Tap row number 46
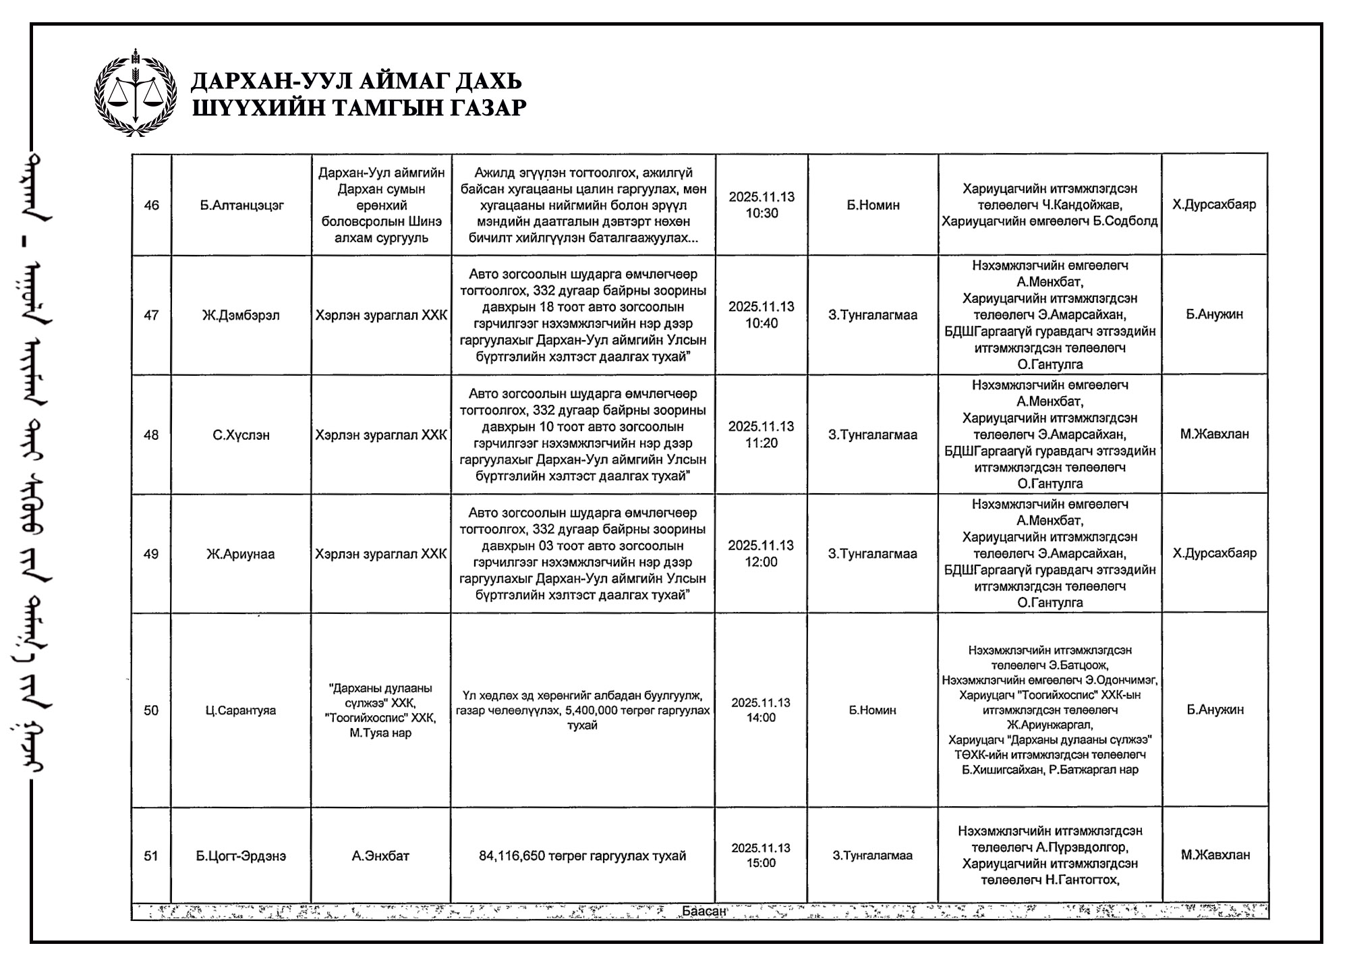click(152, 205)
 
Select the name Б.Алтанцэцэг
click(241, 205)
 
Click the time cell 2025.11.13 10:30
click(762, 205)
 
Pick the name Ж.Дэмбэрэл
click(241, 315)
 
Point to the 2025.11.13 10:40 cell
click(762, 315)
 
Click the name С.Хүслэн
click(241, 435)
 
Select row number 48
click(152, 435)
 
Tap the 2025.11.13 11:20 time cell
click(762, 434)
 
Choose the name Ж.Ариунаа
click(241, 554)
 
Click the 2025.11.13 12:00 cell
click(762, 554)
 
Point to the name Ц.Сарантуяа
click(241, 710)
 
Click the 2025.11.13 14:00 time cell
click(761, 710)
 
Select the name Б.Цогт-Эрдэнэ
click(241, 856)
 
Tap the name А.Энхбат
click(380, 856)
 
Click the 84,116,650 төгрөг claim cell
click(583, 856)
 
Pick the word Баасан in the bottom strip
click(704, 911)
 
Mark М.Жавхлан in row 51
click(1215, 855)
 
